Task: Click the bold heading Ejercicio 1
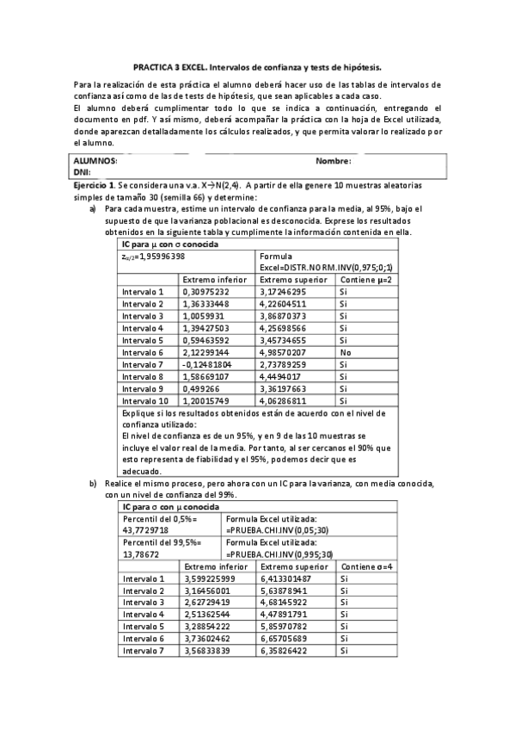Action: (94, 185)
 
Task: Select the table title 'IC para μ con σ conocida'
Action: (169, 244)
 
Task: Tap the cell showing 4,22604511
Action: (289, 304)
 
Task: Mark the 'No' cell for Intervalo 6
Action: (345, 352)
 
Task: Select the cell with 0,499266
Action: (203, 388)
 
